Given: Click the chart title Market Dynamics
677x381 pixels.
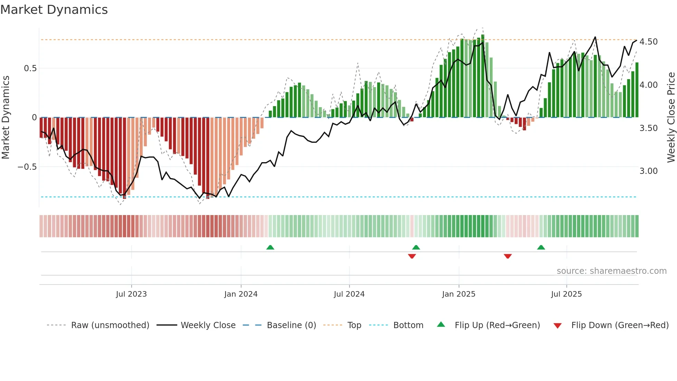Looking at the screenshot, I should click(x=54, y=10).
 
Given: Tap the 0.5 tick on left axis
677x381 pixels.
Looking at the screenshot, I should click(x=30, y=68).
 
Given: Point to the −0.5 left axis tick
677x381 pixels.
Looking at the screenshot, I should click(x=27, y=167).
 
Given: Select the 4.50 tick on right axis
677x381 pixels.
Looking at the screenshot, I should click(x=648, y=42).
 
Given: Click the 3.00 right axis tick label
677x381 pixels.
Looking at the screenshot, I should click(x=648, y=171).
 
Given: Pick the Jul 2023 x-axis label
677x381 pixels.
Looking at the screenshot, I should click(x=131, y=294).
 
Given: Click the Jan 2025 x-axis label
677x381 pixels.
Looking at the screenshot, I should click(x=458, y=294).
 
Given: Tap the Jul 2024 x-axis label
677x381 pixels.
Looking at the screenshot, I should click(x=349, y=294).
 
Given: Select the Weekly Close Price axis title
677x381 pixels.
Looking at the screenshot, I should click(x=671, y=118).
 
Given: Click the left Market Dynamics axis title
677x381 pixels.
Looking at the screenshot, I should click(x=6, y=118).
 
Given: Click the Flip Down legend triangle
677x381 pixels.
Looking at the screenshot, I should click(x=557, y=326).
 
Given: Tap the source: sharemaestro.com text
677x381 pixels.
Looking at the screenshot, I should click(x=611, y=271).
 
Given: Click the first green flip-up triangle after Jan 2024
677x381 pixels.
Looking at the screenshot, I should click(x=270, y=247).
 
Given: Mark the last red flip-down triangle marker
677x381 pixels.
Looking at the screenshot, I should click(x=507, y=256).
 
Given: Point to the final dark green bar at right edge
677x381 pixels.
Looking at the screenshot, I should click(x=637, y=90).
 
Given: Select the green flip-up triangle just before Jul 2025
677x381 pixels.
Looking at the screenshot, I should click(x=541, y=247).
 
